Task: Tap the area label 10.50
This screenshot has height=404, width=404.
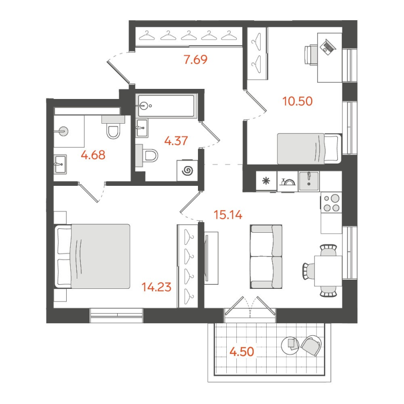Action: coord(297,100)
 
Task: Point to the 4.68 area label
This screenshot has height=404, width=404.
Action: coord(93,155)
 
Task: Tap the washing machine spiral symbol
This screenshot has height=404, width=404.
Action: coord(187,171)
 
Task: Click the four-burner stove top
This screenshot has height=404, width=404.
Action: coord(331,203)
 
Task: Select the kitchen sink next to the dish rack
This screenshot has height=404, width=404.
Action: coord(309,180)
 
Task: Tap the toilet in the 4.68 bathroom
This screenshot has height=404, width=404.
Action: coord(113,131)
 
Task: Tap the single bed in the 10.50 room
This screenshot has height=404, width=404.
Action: coord(309,148)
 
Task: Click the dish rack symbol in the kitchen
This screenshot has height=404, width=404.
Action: coord(288,182)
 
